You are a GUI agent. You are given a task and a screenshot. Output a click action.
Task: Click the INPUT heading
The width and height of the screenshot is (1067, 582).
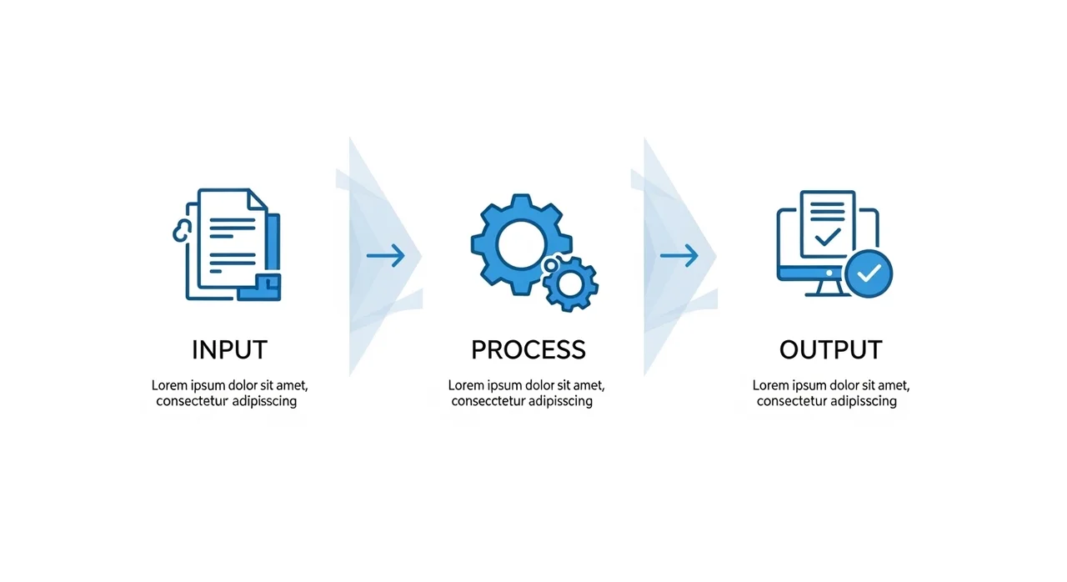pos(229,349)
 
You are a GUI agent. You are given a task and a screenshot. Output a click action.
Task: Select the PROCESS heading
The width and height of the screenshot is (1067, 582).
pos(528,349)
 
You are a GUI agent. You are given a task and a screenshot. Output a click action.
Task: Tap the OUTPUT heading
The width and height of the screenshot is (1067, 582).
pos(830,349)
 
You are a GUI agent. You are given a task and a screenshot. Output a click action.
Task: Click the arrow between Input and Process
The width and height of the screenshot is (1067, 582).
pos(385,256)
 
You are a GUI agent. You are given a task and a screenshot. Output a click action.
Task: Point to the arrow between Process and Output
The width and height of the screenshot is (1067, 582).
pos(679,256)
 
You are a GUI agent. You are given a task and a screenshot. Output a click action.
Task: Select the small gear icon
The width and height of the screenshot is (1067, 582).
pos(570,284)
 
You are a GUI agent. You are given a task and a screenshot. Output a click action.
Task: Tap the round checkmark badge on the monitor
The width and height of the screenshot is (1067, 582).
pos(869,273)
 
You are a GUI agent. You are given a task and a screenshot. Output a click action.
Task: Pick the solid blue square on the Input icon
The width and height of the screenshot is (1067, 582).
pos(268,285)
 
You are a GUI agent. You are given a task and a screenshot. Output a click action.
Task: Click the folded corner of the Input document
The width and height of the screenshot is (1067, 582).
pos(258,200)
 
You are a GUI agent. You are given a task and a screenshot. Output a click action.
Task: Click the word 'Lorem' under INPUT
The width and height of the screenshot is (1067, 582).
pos(170,386)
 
